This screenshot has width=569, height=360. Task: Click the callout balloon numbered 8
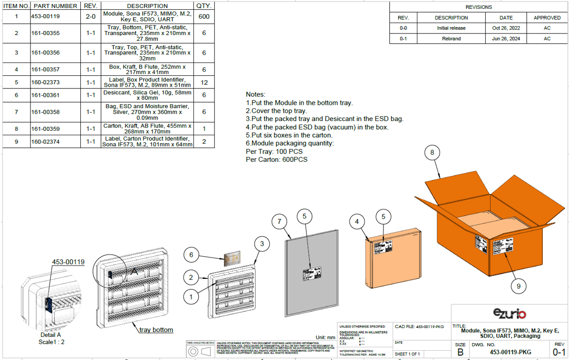click(x=432, y=152)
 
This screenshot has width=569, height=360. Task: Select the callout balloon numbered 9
click(x=516, y=285)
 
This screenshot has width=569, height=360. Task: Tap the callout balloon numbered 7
click(x=279, y=222)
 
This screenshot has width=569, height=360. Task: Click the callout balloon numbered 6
click(x=191, y=255)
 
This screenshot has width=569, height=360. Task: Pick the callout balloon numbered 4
click(x=357, y=222)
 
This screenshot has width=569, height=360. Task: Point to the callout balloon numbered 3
click(x=262, y=243)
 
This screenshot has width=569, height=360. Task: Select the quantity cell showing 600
click(x=204, y=16)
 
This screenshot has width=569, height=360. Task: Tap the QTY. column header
click(x=204, y=6)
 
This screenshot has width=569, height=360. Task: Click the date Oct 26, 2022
click(x=502, y=28)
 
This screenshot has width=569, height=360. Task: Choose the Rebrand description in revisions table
click(x=451, y=38)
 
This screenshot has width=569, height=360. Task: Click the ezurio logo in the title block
click(x=509, y=313)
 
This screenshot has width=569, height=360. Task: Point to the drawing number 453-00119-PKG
click(x=510, y=352)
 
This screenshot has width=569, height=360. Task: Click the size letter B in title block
click(x=460, y=352)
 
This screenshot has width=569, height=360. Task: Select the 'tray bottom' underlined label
click(x=156, y=330)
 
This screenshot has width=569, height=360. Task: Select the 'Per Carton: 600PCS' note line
click(x=277, y=159)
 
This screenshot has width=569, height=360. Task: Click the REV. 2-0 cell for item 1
click(x=91, y=16)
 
